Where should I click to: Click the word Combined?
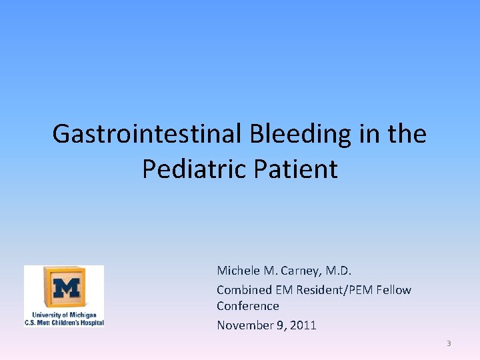point(244,290)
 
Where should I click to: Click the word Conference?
point(247,306)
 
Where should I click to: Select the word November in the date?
point(243,325)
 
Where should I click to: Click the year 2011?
point(303,325)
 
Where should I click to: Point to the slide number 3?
point(449,343)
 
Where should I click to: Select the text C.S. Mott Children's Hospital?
point(64,322)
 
